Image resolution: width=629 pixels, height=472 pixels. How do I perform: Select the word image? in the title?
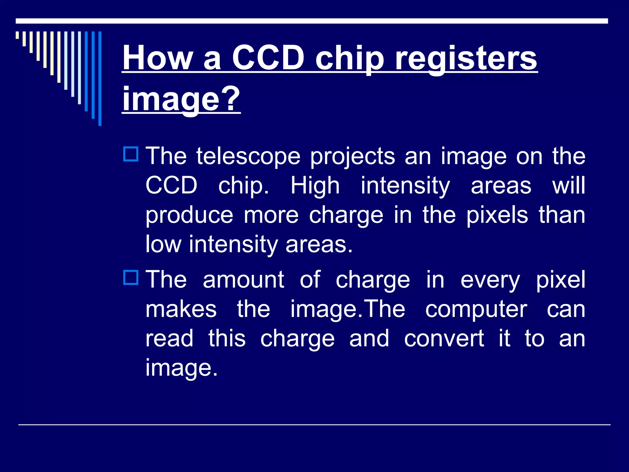[181, 99]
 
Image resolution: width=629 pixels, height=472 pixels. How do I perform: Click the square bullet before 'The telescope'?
[131, 154]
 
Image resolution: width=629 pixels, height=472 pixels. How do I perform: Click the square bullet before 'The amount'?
[131, 277]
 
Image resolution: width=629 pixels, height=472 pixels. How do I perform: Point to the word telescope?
[248, 156]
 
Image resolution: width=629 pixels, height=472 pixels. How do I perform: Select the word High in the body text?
[315, 186]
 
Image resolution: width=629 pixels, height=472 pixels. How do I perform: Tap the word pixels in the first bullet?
[497, 215]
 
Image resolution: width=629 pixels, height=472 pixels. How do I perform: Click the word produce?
[189, 216]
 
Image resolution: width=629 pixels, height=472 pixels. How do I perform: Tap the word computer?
[476, 310]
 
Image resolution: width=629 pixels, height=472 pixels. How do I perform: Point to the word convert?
[444, 339]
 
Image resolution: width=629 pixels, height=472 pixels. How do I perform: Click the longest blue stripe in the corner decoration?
[100, 78]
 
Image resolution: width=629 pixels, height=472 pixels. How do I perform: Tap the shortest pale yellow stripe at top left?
[18, 35]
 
